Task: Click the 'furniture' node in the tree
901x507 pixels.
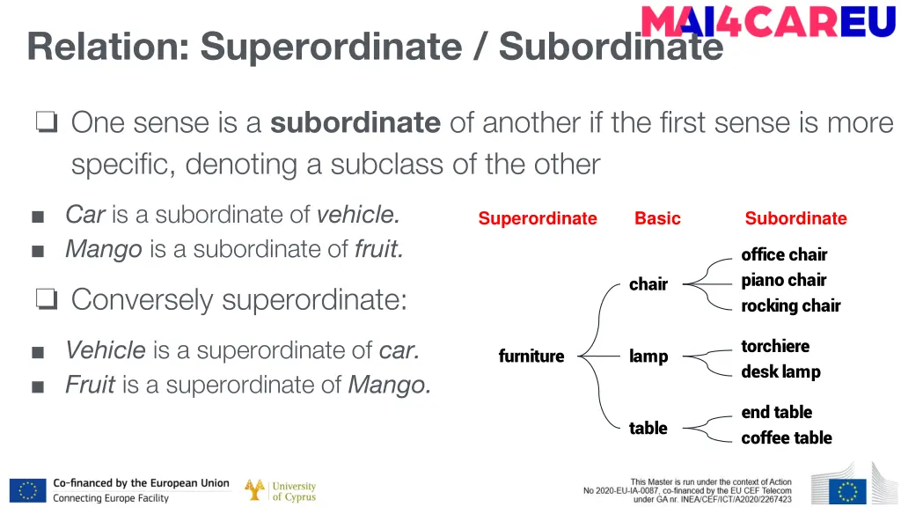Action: point(531,356)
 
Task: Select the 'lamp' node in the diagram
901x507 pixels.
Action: point(648,356)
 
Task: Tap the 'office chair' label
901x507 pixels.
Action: point(784,255)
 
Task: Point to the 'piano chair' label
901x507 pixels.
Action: point(783,281)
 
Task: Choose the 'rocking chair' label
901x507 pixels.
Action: point(790,306)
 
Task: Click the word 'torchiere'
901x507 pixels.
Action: point(775,347)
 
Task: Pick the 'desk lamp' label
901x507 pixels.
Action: point(780,372)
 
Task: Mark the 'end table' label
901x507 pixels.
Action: point(776,413)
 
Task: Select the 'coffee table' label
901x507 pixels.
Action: point(786,438)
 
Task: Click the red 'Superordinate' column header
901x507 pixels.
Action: point(538,219)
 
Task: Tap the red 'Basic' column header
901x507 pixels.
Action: point(657,219)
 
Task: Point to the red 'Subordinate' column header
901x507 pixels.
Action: point(795,219)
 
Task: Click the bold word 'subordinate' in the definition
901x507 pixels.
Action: point(355,122)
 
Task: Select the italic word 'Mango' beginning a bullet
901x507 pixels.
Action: point(104,250)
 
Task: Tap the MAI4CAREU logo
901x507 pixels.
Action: point(768,21)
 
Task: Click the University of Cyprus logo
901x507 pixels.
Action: point(281,491)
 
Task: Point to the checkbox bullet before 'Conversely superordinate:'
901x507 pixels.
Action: point(46,300)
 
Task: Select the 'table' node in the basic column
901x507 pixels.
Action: point(648,429)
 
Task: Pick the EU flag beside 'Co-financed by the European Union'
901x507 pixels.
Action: point(28,491)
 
